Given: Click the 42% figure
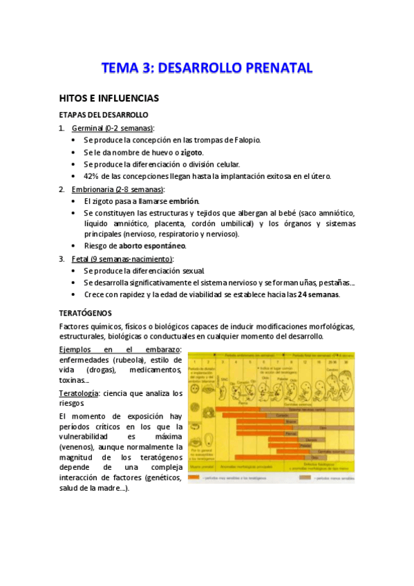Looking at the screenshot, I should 92,176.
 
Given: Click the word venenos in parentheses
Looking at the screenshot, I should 81,448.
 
